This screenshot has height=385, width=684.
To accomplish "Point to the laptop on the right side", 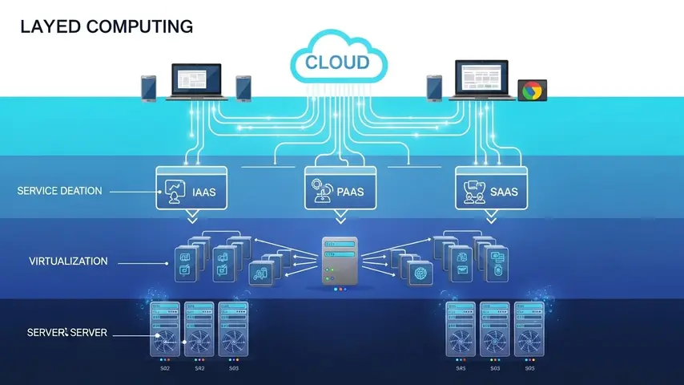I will click(484, 81).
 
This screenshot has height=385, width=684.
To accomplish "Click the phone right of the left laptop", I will click(243, 87).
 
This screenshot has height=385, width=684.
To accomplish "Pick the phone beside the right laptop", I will click(433, 87).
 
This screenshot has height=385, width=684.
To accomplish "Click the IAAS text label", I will click(205, 192).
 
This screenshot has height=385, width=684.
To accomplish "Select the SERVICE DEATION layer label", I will click(59, 191).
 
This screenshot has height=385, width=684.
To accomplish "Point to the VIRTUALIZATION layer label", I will click(68, 261).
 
